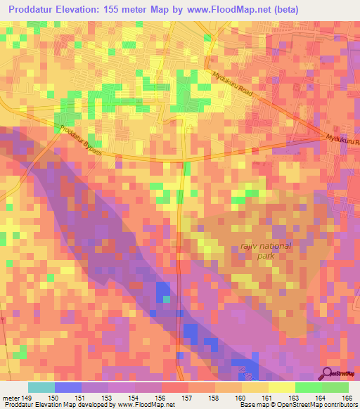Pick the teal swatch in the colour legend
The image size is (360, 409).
pos(41,387)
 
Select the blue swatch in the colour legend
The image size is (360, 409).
pos(67,387)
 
